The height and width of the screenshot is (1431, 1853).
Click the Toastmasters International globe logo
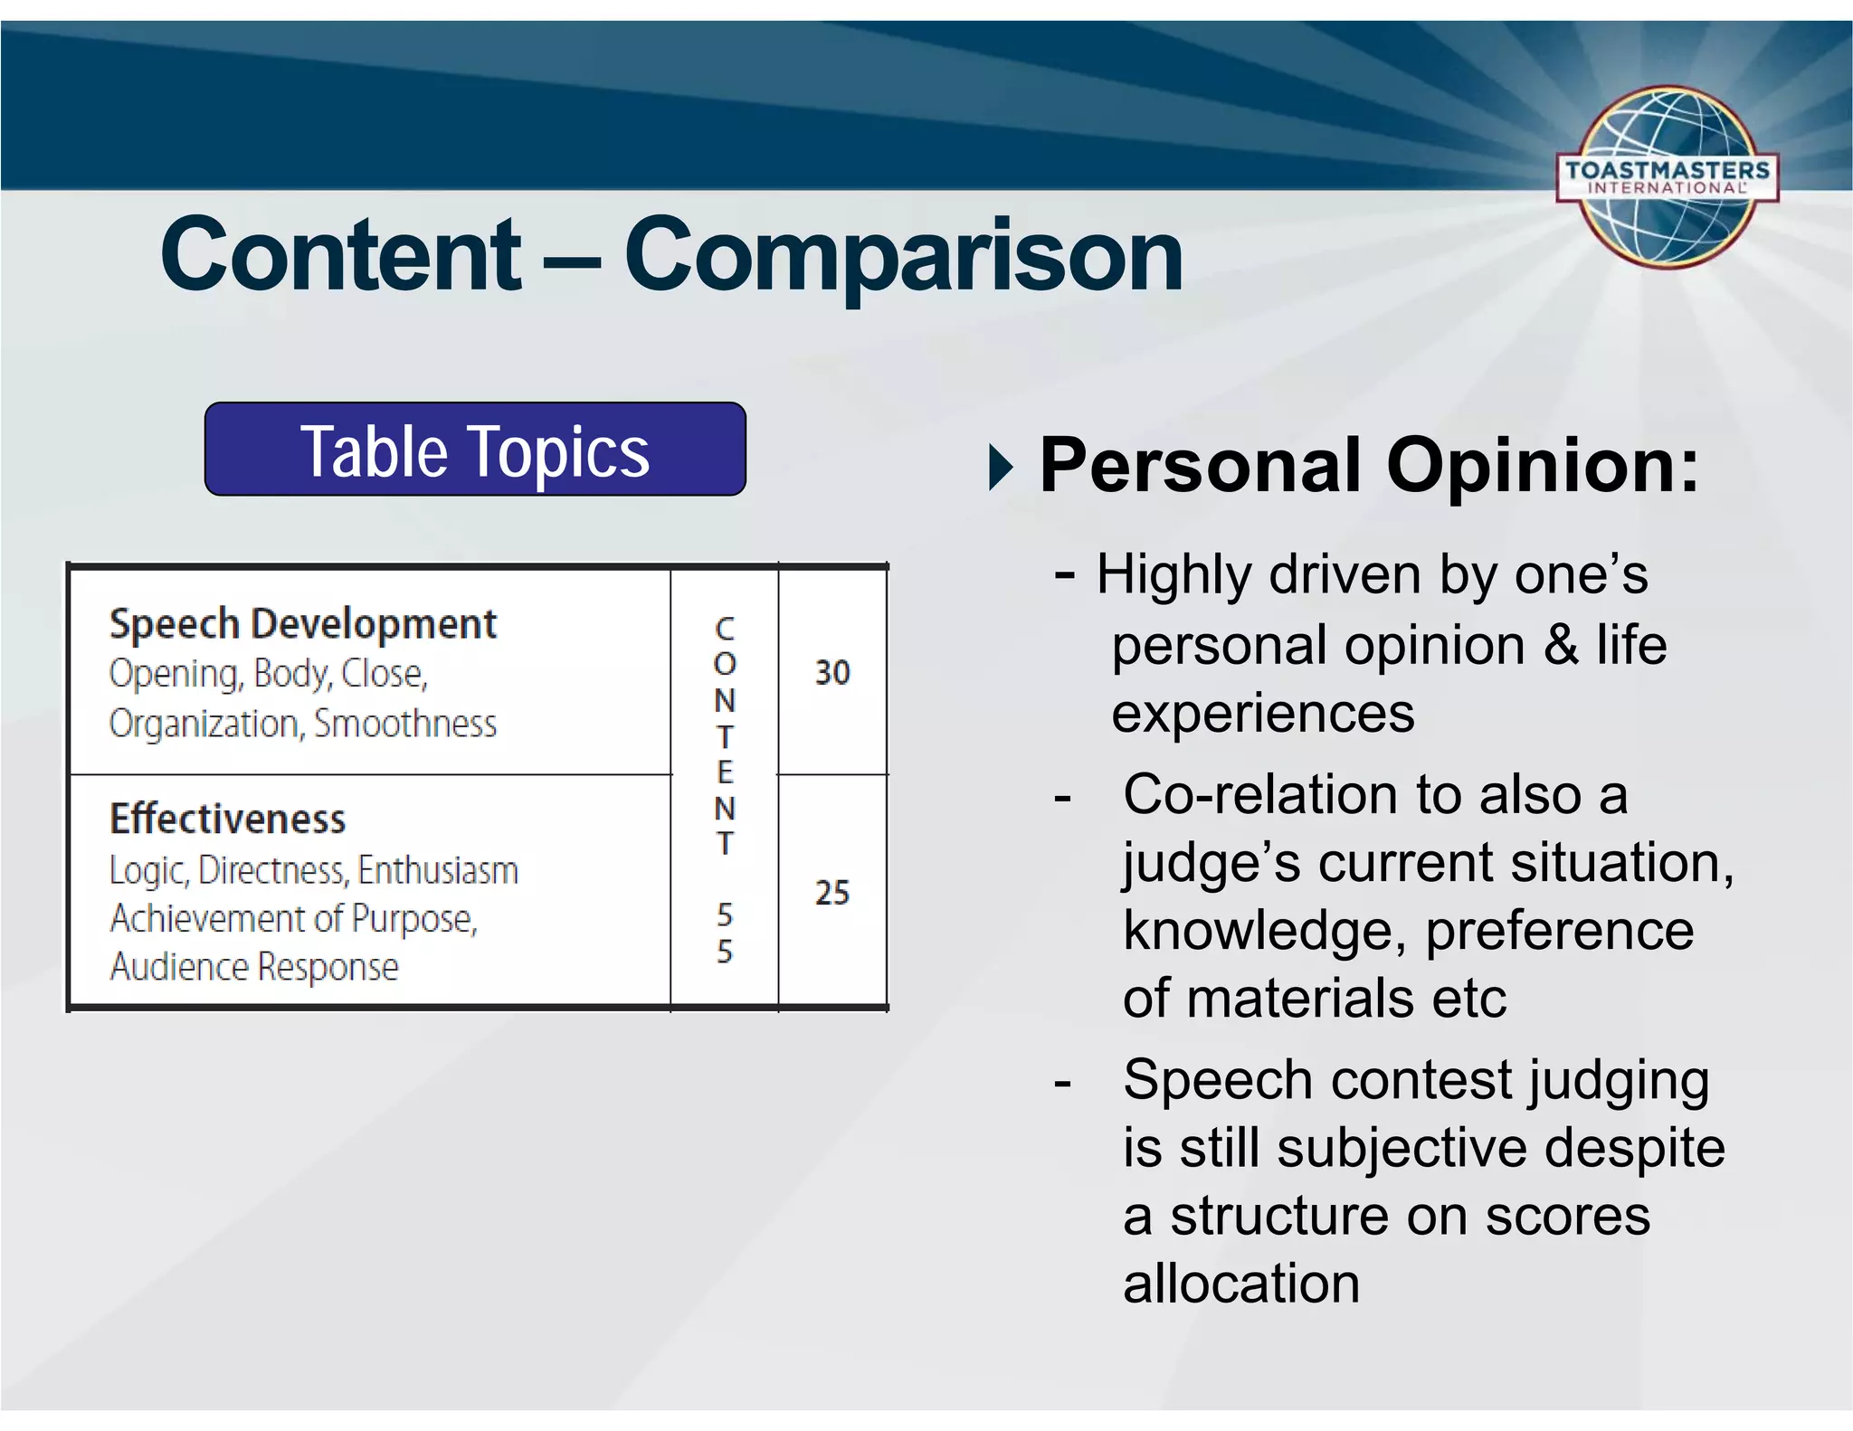[1667, 177]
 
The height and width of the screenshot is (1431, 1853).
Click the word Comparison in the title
[903, 256]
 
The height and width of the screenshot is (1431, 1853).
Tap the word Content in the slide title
[341, 256]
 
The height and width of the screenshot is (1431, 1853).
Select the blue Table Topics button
[475, 450]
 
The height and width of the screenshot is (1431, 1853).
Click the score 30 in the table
[832, 672]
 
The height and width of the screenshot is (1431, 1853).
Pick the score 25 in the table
[832, 893]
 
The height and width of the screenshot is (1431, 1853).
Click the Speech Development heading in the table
[302, 624]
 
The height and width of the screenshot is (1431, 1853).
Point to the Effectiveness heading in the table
[227, 819]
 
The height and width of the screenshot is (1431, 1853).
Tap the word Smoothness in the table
[404, 724]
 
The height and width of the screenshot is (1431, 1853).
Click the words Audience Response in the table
[254, 967]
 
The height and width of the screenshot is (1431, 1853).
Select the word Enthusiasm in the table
[438, 870]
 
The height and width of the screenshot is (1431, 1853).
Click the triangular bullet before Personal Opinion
[1001, 468]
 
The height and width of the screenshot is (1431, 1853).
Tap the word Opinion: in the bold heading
[1543, 466]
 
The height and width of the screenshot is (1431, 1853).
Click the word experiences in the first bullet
[1262, 714]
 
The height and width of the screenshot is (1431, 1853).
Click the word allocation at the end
[1241, 1284]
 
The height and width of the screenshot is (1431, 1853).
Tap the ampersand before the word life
[1561, 646]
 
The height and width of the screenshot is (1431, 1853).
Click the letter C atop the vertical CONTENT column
[725, 628]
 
